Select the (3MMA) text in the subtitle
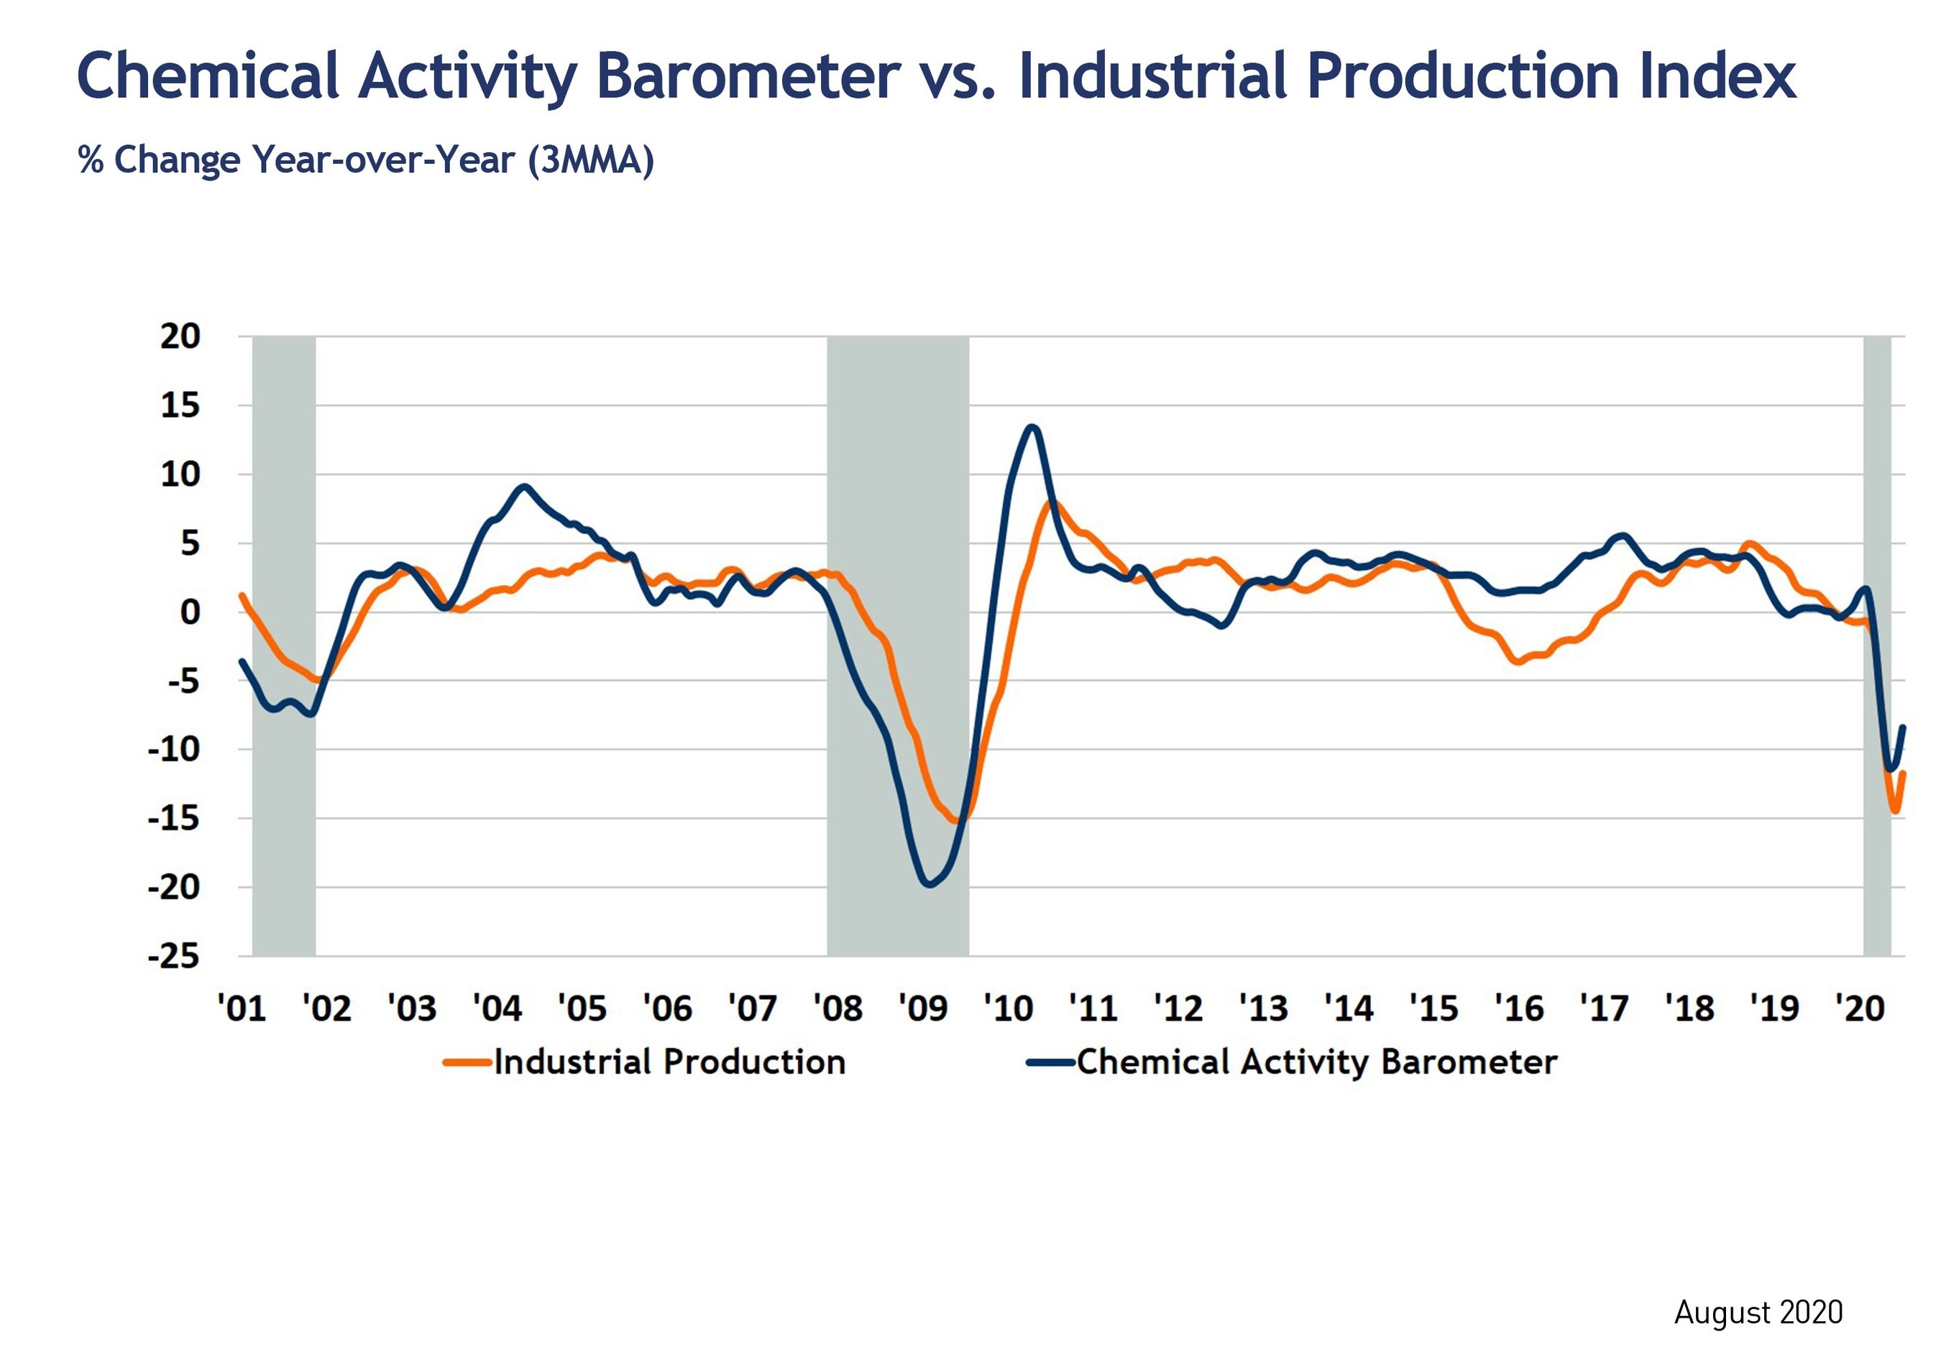(591, 160)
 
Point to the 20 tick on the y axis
(180, 336)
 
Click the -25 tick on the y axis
(173, 957)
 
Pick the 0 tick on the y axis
(191, 612)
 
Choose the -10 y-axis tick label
(173, 750)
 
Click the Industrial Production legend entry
(645, 1062)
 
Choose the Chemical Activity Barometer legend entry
(1292, 1062)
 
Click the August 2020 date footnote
(1758, 1313)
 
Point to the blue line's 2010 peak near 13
(1032, 427)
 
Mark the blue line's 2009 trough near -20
(929, 885)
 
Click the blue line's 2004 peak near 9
(524, 487)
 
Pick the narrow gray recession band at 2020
(1877, 647)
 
